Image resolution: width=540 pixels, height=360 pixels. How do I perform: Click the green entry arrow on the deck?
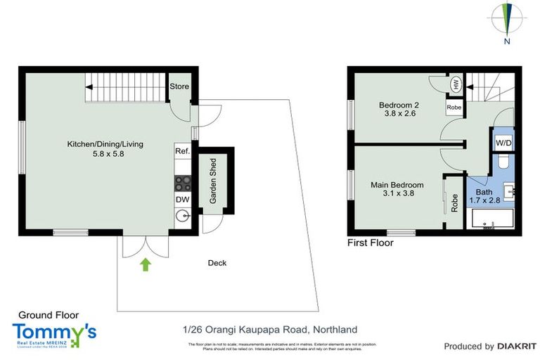pyautogui.click(x=146, y=264)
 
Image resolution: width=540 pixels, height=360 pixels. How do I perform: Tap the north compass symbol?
pyautogui.click(x=506, y=18)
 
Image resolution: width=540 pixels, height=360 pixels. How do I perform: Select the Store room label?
pyautogui.click(x=180, y=86)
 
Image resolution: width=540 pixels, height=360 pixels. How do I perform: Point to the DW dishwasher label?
pyautogui.click(x=182, y=200)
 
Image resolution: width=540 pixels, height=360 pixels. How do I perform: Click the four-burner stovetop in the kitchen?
pyautogui.click(x=182, y=182)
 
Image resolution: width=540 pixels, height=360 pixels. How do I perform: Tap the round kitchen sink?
pyautogui.click(x=182, y=217)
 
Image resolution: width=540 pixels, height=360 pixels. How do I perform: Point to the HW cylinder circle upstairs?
pyautogui.click(x=456, y=84)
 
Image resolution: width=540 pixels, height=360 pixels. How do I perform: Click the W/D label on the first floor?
pyautogui.click(x=503, y=143)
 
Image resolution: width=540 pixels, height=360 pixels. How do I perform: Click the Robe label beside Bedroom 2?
pyautogui.click(x=454, y=108)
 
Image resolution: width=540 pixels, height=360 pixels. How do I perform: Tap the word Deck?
pyautogui.click(x=217, y=264)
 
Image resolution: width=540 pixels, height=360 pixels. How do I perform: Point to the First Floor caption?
pyautogui.click(x=371, y=243)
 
